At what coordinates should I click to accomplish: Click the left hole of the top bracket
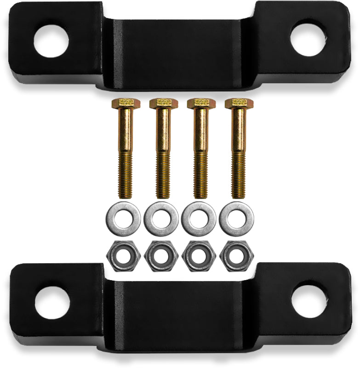(x=51, y=40)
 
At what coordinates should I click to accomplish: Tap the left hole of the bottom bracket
(x=52, y=303)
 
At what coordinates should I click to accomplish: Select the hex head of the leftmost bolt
(x=122, y=103)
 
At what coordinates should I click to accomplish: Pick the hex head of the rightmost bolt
(x=236, y=103)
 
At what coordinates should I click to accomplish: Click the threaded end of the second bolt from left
(x=162, y=177)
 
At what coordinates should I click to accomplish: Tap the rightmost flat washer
(x=236, y=217)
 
